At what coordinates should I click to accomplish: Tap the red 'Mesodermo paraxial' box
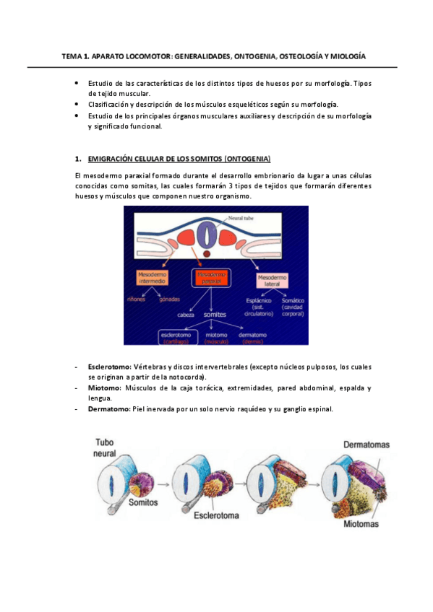pos(212,277)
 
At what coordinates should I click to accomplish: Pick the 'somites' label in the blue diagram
pos(215,315)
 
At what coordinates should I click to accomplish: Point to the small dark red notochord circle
pos(208,254)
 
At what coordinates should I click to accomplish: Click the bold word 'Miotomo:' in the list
pos(105,388)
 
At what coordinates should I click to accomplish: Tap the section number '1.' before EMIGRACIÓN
pos(77,158)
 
